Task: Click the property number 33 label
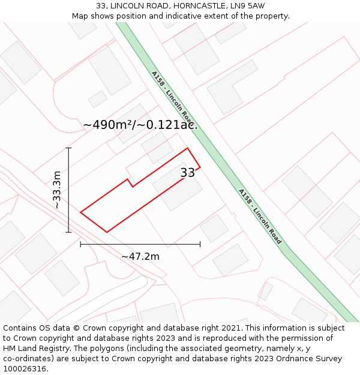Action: coord(187,173)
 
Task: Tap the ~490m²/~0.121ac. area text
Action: coord(140,125)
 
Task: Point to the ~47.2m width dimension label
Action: coord(140,257)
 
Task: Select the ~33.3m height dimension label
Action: coord(57,190)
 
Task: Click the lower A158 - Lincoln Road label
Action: coord(260,216)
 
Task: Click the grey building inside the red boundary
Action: coord(178,187)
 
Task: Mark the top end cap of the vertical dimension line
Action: coord(68,148)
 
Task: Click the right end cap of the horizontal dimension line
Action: coord(200,244)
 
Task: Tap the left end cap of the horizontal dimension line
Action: coord(80,244)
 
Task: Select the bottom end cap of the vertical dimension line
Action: coord(68,232)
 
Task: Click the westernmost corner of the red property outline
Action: coord(80,212)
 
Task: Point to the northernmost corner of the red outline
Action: coord(188,148)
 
